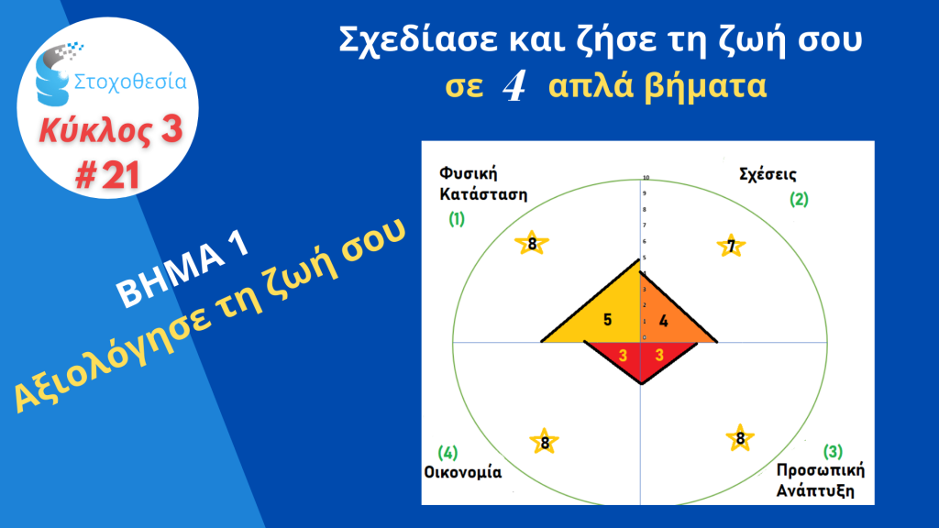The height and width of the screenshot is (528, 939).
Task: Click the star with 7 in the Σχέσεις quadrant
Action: click(731, 246)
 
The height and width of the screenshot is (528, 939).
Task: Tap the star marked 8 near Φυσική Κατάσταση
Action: click(532, 243)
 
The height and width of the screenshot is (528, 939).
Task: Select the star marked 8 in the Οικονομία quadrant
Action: click(545, 442)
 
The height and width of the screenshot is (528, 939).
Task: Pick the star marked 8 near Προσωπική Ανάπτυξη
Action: click(740, 437)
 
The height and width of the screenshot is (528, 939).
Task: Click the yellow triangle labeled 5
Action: click(605, 313)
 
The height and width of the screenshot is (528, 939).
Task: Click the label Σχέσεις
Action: click(768, 175)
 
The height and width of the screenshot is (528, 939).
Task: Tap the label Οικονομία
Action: click(463, 472)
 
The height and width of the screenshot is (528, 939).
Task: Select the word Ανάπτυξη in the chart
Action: click(815, 491)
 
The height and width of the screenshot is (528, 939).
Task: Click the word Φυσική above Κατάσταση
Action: click(469, 173)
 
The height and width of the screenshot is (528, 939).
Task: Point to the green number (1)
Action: click(457, 219)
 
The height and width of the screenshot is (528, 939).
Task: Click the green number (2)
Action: click(799, 199)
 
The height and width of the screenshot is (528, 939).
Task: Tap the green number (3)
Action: click(833, 451)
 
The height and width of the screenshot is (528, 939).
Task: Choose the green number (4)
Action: click(447, 452)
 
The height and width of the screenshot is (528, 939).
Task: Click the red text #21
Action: click(108, 175)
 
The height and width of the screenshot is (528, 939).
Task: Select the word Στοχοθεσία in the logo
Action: click(130, 81)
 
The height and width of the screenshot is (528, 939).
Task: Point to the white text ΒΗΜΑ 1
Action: click(182, 269)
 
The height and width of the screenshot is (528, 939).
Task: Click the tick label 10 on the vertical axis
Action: click(646, 178)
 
